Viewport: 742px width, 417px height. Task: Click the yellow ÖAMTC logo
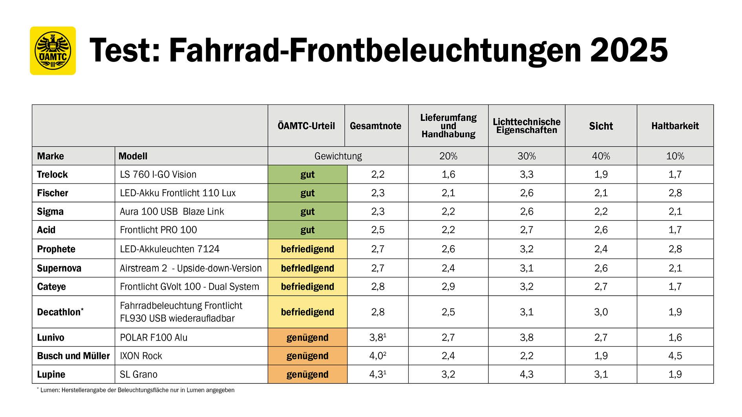coord(53,51)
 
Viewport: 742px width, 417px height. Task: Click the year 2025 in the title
coord(629,51)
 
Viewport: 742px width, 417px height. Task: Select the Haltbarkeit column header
coord(675,126)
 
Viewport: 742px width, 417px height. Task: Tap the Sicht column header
coord(601,126)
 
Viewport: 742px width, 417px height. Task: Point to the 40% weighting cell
coord(601,156)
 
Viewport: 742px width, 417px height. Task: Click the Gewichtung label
coord(338,156)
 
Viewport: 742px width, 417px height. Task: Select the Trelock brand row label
coord(52,175)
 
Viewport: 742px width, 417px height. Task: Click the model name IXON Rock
coord(141,356)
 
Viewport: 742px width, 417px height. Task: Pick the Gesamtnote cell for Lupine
coord(378,374)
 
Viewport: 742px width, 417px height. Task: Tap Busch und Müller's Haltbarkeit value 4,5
coord(675,356)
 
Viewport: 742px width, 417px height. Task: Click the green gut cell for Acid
coord(307,230)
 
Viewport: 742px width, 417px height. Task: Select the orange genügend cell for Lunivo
coord(307,337)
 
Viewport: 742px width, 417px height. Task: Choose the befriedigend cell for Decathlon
coord(307,312)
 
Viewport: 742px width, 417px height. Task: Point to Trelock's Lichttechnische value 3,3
coord(526,175)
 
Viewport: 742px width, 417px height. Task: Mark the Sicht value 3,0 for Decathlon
coord(601,312)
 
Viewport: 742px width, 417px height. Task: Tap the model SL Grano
coord(139,374)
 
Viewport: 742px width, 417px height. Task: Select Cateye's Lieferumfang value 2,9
coord(448,286)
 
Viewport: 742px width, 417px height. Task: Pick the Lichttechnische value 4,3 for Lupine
coord(526,374)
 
